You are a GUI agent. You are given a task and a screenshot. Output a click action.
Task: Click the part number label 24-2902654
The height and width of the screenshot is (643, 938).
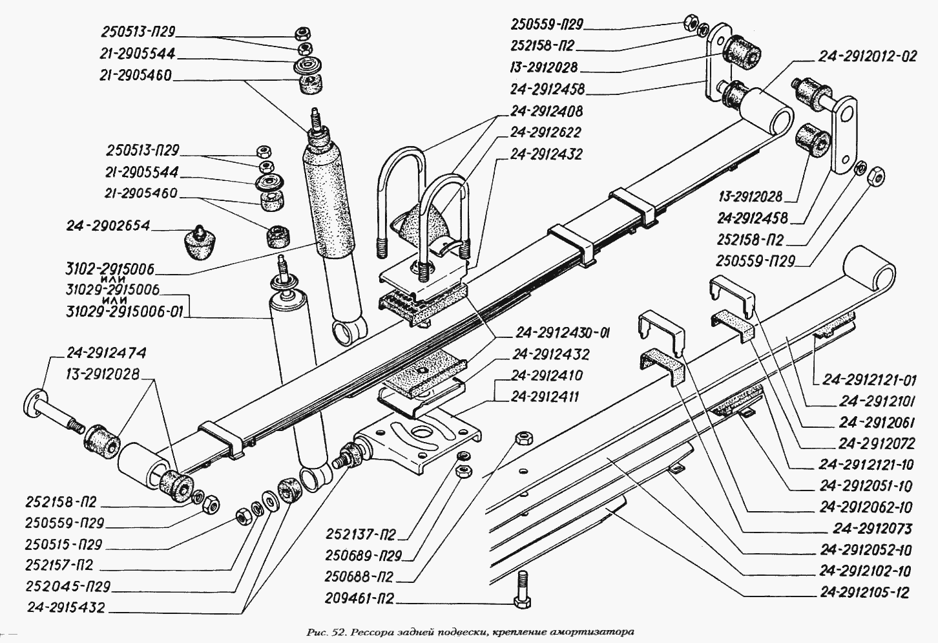coord(108,226)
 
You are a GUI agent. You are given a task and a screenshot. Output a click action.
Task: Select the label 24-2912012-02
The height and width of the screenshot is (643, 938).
coord(868,56)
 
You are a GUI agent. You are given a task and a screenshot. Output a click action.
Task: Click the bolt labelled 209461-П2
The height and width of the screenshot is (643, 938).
coord(522,590)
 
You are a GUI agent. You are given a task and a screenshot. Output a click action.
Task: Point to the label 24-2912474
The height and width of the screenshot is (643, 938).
coord(106,353)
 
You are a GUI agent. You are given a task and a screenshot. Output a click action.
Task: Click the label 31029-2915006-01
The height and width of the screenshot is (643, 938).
coord(124,313)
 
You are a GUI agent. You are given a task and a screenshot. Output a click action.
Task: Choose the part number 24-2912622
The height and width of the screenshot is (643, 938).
coord(546,132)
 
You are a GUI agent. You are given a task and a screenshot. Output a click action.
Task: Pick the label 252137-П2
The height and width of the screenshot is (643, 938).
coord(360,534)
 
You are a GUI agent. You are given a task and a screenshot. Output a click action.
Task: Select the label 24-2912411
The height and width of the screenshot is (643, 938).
coord(547,396)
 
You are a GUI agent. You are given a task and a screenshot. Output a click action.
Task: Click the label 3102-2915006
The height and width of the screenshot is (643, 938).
coord(110,269)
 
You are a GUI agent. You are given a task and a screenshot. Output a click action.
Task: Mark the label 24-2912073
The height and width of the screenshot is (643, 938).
coord(872,529)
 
